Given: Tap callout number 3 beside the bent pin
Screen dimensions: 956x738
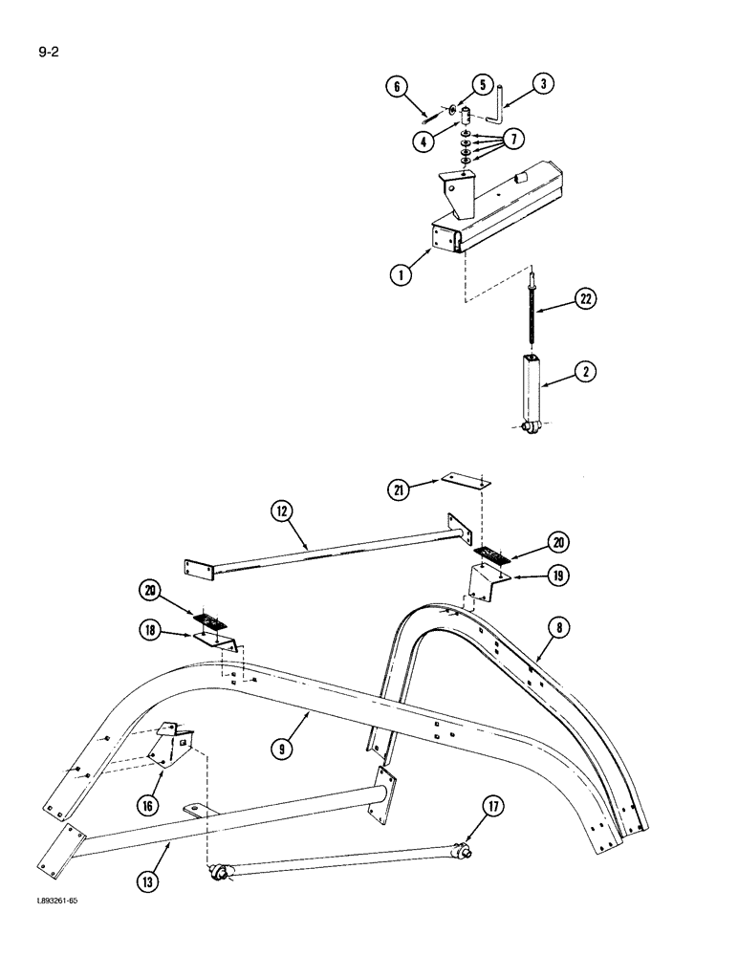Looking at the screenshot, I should [542, 84].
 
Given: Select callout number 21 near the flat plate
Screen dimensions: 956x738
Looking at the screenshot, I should [401, 490].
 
